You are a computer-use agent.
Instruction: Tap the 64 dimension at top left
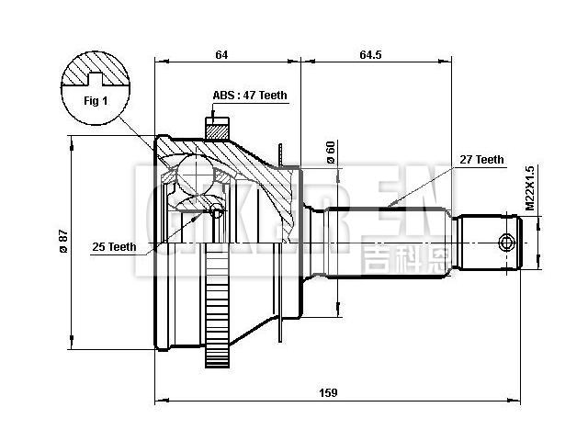[221, 55]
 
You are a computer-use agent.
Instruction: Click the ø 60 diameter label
[331, 153]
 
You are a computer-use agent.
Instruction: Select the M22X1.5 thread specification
[530, 189]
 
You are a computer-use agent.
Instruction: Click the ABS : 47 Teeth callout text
[250, 95]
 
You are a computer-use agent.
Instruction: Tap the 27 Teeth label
[481, 159]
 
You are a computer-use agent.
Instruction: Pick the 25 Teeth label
[114, 246]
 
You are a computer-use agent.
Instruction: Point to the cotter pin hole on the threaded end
[504, 243]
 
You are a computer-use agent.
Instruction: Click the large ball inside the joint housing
[194, 171]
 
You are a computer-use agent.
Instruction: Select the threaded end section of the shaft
[492, 243]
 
